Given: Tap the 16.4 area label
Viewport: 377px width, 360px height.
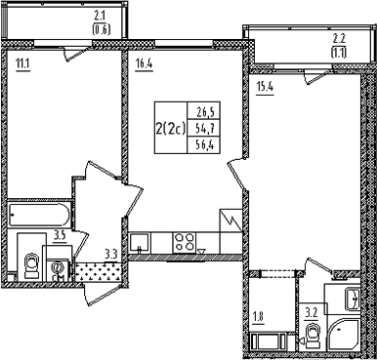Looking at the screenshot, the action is tap(144, 64).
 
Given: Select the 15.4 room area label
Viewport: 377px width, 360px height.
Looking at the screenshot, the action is tap(266, 88).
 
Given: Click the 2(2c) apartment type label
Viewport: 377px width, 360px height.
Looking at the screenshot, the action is tap(170, 129).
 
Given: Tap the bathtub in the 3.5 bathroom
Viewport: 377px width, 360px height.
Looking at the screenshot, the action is tap(39, 215).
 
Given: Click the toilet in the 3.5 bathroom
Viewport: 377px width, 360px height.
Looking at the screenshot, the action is tap(31, 265).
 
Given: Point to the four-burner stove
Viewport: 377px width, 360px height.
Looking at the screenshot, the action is tap(185, 242).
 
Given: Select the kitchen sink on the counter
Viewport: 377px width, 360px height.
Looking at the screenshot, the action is tap(140, 243).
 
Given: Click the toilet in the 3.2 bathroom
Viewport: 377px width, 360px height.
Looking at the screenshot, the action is tap(313, 335).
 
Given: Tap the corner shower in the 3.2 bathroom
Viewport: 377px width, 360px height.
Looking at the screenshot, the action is tap(343, 336).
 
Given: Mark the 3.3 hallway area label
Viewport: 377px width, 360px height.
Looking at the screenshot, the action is tap(110, 253).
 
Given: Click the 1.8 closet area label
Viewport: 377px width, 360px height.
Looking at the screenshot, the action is tap(258, 317).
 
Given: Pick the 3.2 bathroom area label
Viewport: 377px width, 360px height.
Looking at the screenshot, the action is tap(311, 315).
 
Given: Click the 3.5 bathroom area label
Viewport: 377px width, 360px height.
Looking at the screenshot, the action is tap(60, 236).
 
